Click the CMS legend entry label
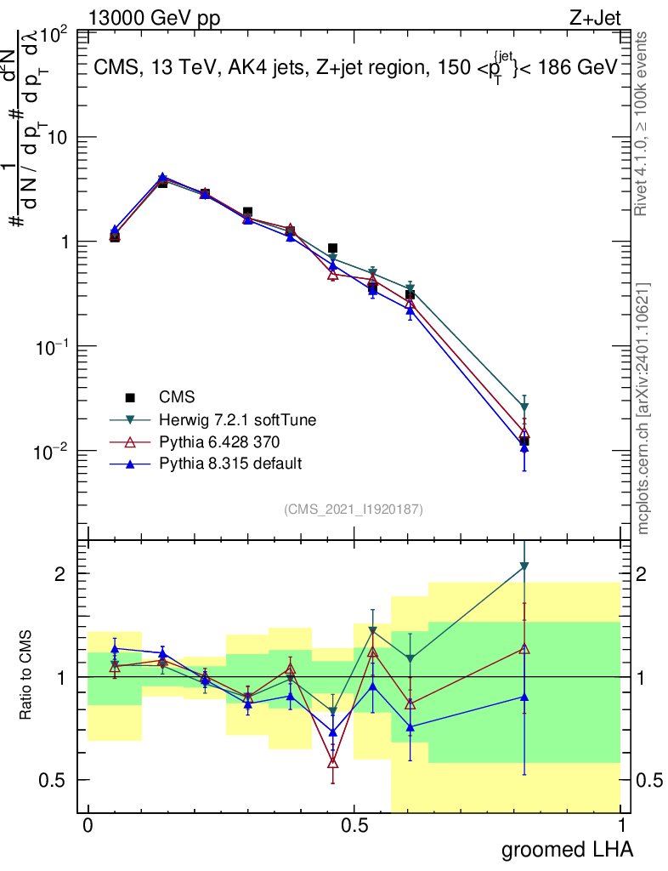pos(177,396)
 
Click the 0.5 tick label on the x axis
pos(354,826)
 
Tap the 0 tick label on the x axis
pos(87,826)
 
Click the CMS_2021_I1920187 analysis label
pos(354,509)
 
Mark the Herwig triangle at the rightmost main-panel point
pos(524,407)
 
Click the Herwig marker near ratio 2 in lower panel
pos(524,566)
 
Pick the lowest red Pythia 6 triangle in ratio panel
pos(333,763)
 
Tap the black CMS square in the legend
pos(131,397)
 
